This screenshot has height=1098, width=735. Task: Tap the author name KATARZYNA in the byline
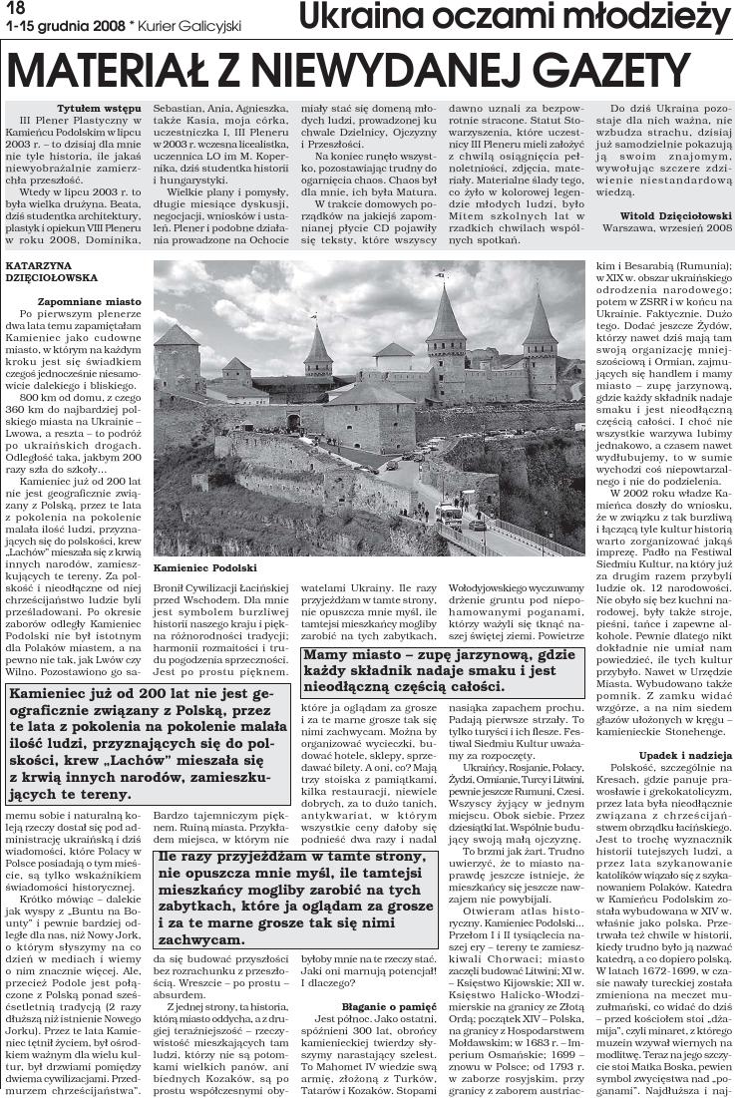click(40, 265)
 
